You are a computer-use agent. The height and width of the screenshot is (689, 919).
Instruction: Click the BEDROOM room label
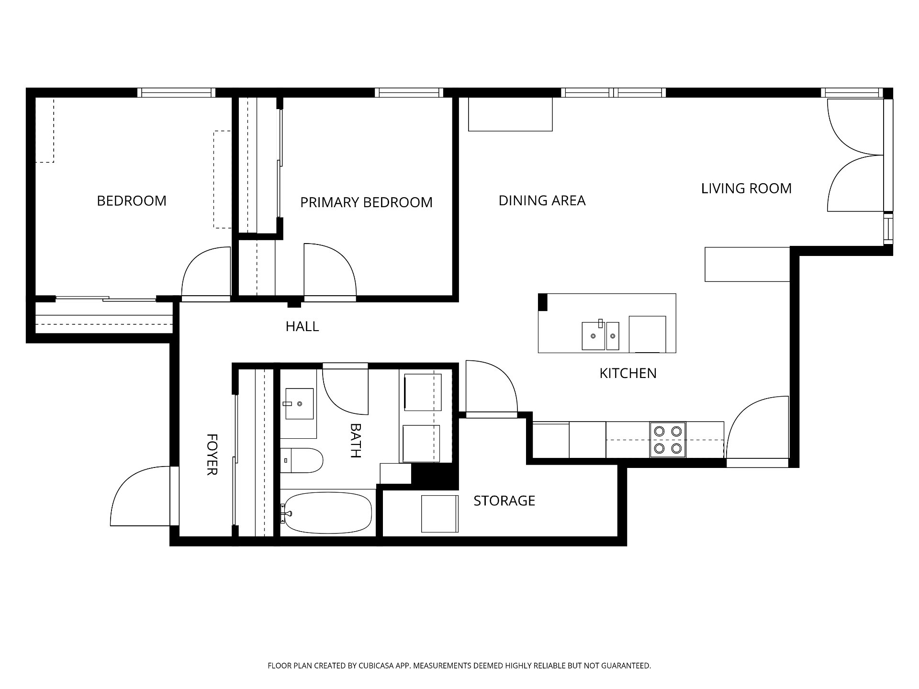132,200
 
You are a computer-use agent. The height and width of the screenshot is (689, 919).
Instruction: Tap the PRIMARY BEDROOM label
366,202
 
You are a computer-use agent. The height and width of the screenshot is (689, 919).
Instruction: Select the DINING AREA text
542,200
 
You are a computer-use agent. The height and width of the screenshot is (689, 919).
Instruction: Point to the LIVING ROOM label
746,189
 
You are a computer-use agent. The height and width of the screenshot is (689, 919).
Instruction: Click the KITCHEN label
628,373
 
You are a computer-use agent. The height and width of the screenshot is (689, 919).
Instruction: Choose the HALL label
302,326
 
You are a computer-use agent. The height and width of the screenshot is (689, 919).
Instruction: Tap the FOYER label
212,455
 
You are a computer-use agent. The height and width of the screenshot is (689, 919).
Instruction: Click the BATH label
355,441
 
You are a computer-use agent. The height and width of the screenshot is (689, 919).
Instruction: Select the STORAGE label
504,501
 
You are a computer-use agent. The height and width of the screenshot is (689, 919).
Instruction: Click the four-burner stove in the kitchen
668,440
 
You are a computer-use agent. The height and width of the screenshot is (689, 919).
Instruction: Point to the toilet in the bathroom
301,460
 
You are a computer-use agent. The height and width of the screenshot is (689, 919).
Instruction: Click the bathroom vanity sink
300,404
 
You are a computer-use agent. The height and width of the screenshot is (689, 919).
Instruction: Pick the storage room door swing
492,386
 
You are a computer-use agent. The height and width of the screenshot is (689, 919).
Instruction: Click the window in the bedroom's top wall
176,93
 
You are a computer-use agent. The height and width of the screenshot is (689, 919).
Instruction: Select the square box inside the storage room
440,514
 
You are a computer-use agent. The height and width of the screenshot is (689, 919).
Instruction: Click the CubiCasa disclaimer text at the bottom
459,666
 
